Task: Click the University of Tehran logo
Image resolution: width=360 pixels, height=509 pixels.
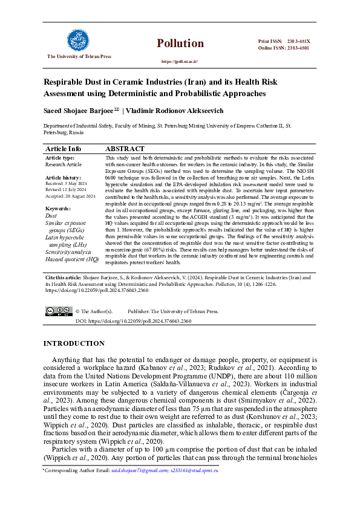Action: pos(79,41)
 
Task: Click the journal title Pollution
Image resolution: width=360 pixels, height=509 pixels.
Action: pos(180,43)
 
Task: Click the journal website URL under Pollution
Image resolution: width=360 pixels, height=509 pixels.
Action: pos(180,62)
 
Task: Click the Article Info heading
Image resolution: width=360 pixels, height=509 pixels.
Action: pos(63,149)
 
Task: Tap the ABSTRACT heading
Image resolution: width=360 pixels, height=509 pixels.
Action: pos(125,149)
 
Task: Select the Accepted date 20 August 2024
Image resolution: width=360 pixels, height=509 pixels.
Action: pos(78,196)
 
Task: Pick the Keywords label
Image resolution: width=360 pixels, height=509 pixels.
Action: pos(58,209)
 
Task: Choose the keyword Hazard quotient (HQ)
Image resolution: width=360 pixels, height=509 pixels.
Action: pos(72,259)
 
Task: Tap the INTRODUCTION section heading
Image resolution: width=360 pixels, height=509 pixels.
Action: pos(74,343)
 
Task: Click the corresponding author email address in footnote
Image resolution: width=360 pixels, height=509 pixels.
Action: pos(164,470)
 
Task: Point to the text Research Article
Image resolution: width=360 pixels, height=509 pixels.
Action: pos(64,164)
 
